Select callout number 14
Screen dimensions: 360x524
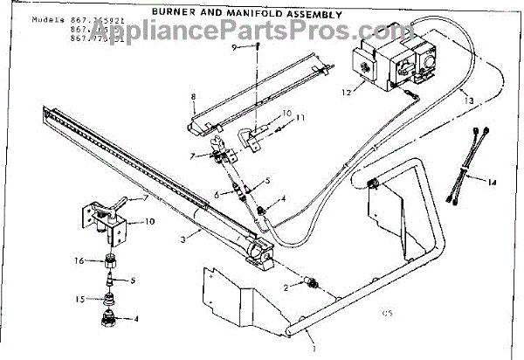click(x=493, y=183)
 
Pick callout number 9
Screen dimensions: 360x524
click(x=235, y=46)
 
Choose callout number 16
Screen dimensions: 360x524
click(x=78, y=260)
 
